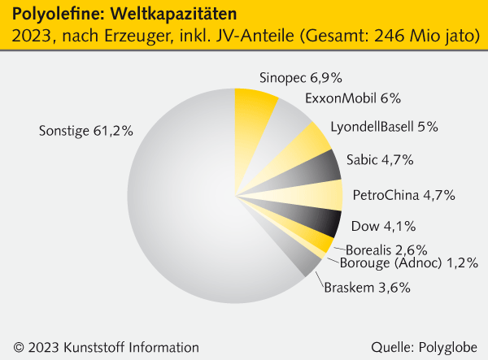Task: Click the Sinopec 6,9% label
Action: coord(300,79)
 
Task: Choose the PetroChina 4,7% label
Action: coord(403,195)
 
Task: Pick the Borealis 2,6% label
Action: coord(387,249)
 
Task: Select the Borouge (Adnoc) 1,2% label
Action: coord(408,263)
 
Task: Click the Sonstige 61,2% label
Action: coord(85,130)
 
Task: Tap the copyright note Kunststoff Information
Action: coord(114,347)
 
